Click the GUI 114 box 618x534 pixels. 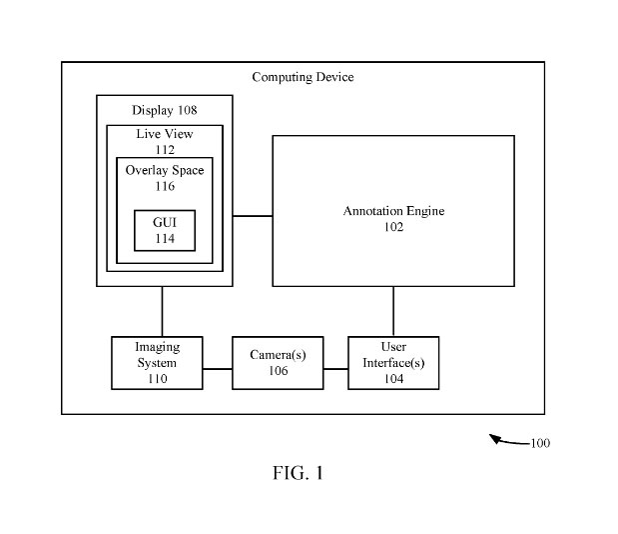pos(165,231)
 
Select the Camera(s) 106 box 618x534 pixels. pos(278,363)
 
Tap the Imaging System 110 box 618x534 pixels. pos(157,363)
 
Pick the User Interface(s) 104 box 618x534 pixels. pos(393,363)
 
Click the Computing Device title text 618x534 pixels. pos(303,77)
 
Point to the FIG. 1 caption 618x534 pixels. pos(298,473)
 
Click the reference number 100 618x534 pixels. pos(539,443)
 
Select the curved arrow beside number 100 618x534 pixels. pos(507,440)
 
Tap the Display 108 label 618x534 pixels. pos(164,109)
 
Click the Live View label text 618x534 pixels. pos(165,134)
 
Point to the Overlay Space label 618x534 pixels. pos(165,171)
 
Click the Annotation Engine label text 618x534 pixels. pos(393,212)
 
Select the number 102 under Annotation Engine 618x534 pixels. pos(393,227)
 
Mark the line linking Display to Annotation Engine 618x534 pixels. pos(253,214)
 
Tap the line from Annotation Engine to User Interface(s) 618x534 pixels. pos(393,312)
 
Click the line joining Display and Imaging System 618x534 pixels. pos(163,312)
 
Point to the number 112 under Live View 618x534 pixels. pos(165,150)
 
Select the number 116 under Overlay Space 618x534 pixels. pos(165,186)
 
